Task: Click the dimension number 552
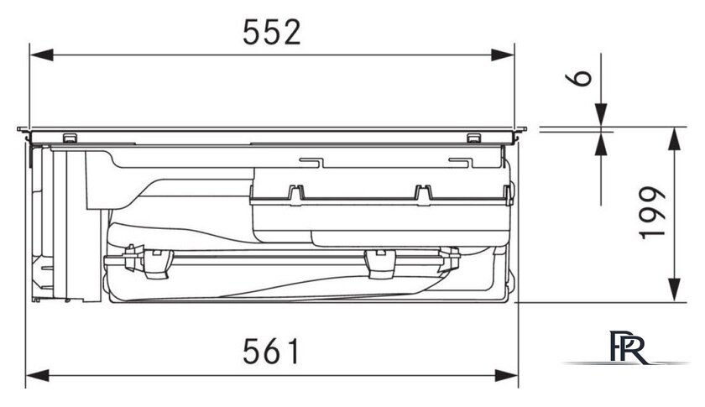[x=272, y=33]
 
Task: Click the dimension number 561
[x=271, y=352]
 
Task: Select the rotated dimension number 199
[x=651, y=212]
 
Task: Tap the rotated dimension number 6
[x=578, y=78]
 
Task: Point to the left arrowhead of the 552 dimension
[x=41, y=55]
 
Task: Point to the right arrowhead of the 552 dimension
[x=503, y=55]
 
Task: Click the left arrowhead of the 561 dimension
[x=37, y=375]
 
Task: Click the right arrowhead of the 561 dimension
[x=507, y=375]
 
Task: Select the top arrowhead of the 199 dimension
[x=673, y=138]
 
